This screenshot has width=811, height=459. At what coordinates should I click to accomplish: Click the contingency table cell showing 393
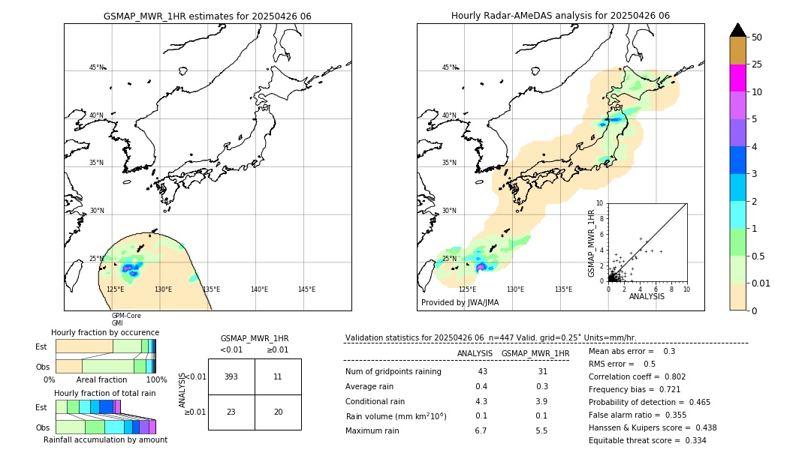tap(231, 376)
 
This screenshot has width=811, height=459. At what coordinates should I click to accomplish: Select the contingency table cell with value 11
tap(278, 376)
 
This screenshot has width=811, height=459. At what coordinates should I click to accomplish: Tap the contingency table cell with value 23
tap(231, 412)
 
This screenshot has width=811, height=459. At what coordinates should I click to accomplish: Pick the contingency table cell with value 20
tap(278, 412)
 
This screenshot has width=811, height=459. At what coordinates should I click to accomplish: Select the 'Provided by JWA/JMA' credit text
tap(460, 303)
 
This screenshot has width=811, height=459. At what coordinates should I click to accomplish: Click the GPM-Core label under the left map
tap(126, 316)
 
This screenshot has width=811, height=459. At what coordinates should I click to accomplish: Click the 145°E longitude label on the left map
tap(306, 289)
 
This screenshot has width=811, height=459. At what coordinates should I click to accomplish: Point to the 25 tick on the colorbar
tap(758, 64)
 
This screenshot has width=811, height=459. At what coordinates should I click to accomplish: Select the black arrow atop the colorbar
tap(738, 30)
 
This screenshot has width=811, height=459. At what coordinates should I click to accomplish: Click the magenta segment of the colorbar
tap(738, 78)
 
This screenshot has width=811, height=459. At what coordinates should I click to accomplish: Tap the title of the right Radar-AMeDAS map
tap(560, 16)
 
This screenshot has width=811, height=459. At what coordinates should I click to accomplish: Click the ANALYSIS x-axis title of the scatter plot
tap(647, 297)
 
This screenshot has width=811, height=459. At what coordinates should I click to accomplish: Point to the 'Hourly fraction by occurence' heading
tap(105, 332)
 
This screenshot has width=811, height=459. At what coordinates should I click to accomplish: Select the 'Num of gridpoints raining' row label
tap(393, 372)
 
